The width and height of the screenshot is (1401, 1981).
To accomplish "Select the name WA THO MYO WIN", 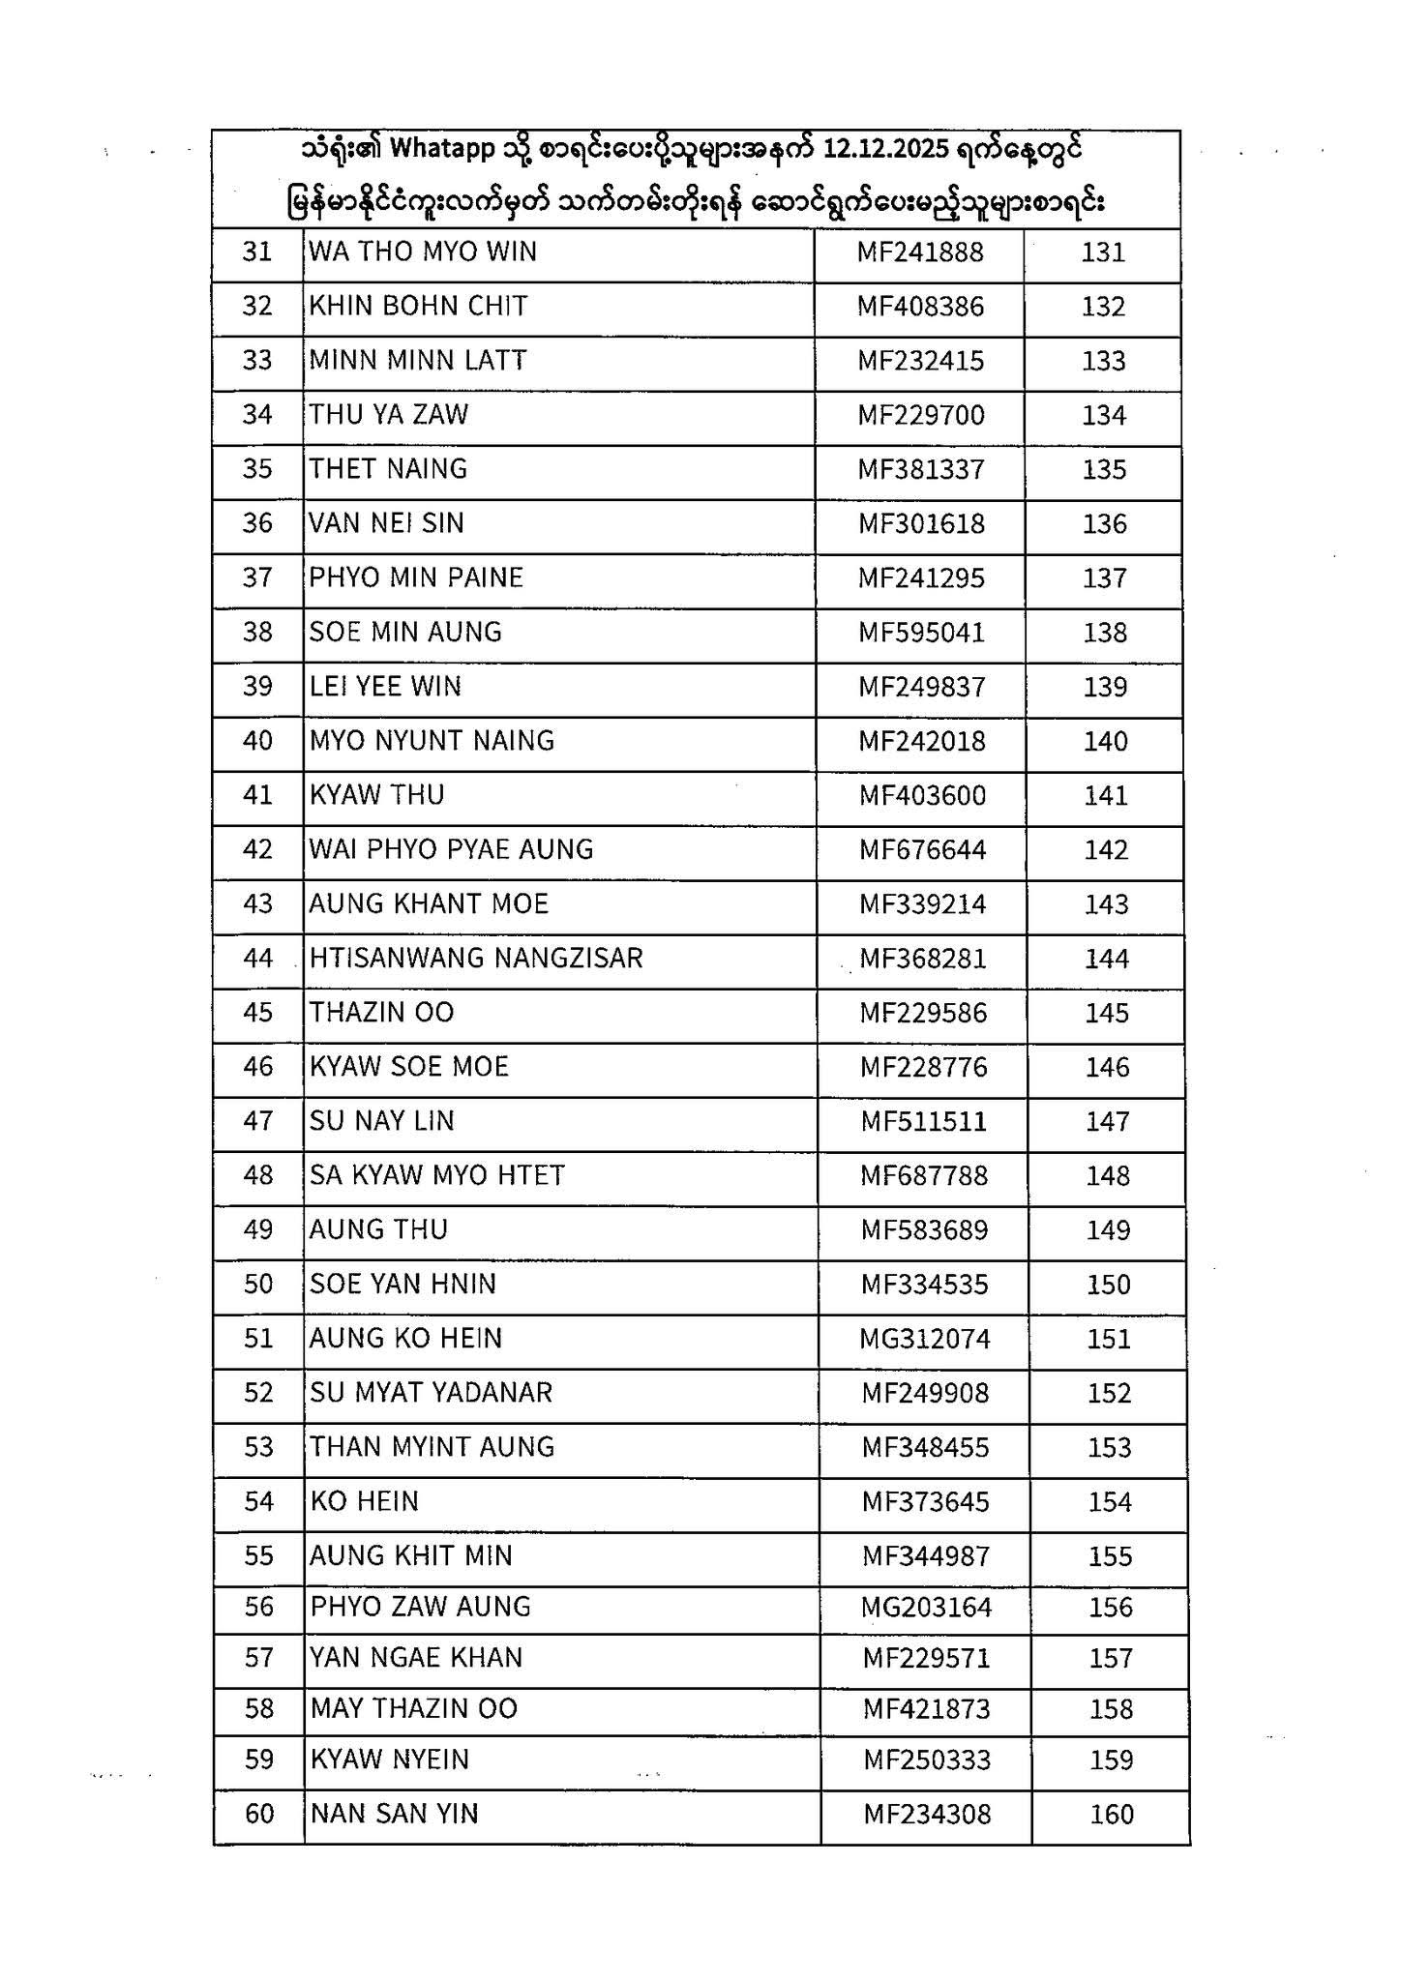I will tap(422, 252).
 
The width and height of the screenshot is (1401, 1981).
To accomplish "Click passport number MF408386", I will tap(920, 307).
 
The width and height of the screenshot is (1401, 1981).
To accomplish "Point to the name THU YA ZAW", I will tap(388, 415).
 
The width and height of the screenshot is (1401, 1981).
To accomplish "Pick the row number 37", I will tap(257, 578).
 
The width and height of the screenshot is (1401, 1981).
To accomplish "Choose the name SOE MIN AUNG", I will tap(405, 633).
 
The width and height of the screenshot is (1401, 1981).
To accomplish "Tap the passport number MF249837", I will tap(922, 687).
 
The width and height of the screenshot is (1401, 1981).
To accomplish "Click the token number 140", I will tap(1105, 742).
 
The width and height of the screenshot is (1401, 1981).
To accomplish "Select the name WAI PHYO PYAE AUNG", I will tap(451, 850).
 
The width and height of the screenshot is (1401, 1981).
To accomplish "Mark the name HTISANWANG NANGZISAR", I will tap(476, 959).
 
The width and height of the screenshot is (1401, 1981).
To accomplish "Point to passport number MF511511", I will tap(924, 1122).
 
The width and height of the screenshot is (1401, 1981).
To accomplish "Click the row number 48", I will tap(258, 1176).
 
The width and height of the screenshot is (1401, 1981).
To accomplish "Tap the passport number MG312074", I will tap(925, 1340).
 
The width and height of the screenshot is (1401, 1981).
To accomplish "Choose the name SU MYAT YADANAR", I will tap(431, 1393).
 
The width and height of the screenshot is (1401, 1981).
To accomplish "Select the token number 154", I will tap(1109, 1502).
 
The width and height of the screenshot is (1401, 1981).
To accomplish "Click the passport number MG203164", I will tap(926, 1608).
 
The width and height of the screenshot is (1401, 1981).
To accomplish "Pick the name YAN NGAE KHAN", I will tap(416, 1658).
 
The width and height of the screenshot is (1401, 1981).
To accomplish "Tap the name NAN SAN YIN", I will tap(394, 1814).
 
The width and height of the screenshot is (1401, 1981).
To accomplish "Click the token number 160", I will tap(1111, 1815).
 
